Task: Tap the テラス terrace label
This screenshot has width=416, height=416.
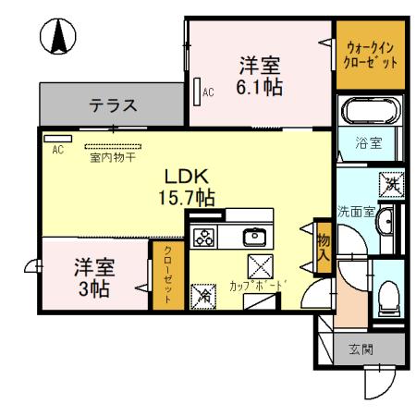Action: [114, 105]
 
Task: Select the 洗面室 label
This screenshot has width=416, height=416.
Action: [356, 211]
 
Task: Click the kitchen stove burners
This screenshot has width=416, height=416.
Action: [203, 237]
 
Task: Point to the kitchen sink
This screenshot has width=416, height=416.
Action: [253, 237]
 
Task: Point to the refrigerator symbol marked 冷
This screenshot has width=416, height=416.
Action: [203, 298]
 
